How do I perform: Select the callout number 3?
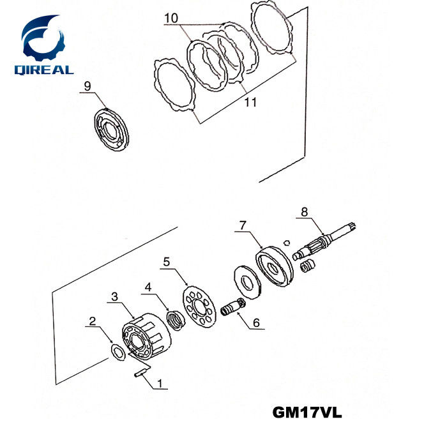coord(114,296)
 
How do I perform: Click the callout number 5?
coord(167,261)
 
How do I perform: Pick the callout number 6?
coord(256,323)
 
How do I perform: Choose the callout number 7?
coord(242,225)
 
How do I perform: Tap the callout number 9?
coord(87,85)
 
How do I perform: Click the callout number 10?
coord(170,19)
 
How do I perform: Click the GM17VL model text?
coord(307,413)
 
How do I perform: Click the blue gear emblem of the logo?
coord(45,37)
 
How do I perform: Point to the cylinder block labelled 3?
coord(147,332)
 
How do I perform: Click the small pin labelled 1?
coord(140,375)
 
